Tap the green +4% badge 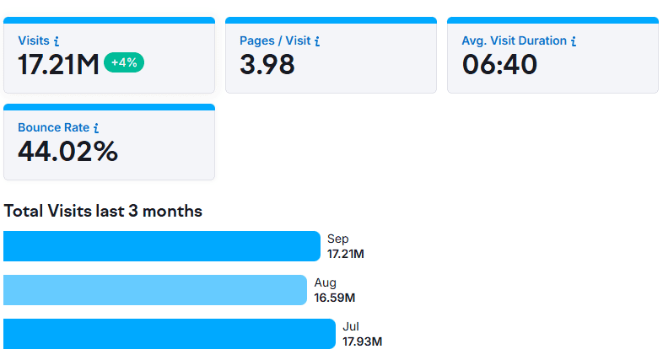click(124, 62)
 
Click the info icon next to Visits click(56, 40)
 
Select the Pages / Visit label click(274, 40)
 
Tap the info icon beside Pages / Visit click(317, 40)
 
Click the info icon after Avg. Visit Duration click(574, 40)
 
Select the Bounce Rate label click(53, 127)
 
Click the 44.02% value click(67, 151)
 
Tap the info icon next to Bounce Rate click(96, 128)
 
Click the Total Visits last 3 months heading click(103, 211)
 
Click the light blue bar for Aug click(154, 290)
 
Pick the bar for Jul click(169, 334)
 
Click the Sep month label click(337, 239)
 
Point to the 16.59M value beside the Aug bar click(335, 298)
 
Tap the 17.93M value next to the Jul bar click(362, 341)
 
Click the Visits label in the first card click(34, 40)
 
